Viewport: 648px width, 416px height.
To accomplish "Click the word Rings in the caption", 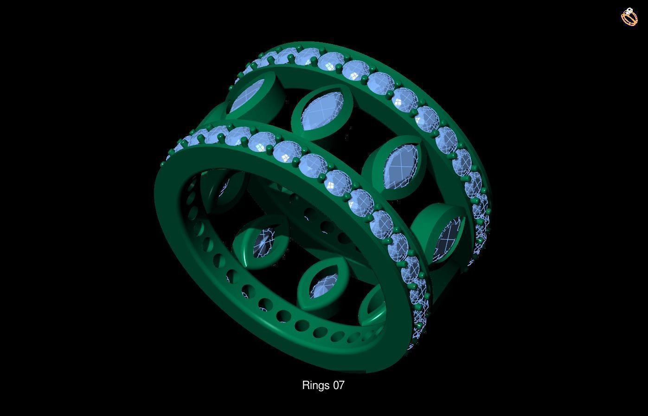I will pyautogui.click(x=315, y=385).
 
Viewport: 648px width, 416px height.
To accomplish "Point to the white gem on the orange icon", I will pyautogui.click(x=629, y=11).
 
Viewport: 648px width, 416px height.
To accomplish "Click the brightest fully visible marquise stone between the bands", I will pyautogui.click(x=323, y=111).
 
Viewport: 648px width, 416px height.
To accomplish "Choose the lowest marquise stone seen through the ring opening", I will pyautogui.click(x=323, y=285).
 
